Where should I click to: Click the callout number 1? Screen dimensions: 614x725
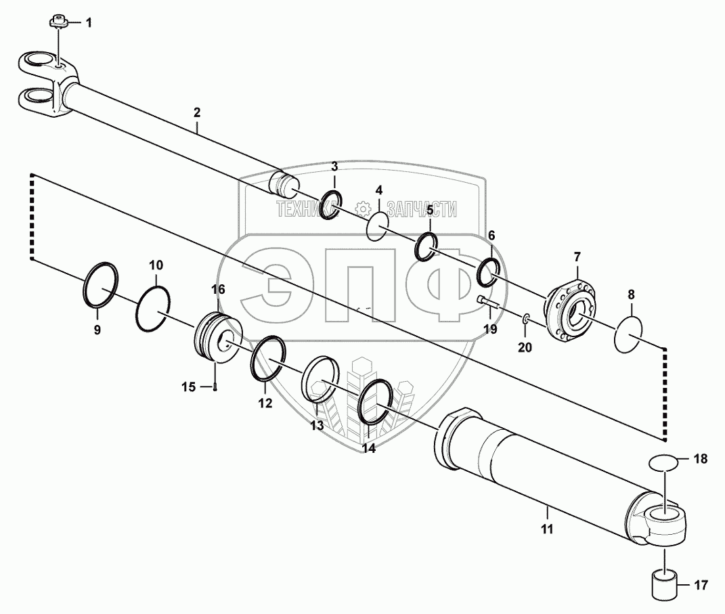[88, 23]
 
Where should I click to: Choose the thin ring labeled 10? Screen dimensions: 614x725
[548, 529]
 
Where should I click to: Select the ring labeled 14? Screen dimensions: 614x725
[215, 387]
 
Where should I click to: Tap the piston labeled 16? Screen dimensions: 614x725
[665, 584]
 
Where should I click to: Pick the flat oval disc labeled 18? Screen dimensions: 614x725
[489, 303]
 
